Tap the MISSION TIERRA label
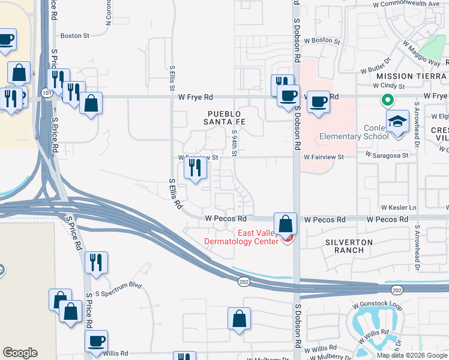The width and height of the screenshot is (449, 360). point(412,76)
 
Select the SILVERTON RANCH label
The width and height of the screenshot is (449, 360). point(349,246)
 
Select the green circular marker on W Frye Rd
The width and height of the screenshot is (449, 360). point(388,101)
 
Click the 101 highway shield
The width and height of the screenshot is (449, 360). point(47,93)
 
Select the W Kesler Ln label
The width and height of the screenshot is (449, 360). point(398,208)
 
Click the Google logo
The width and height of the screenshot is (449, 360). point(20,353)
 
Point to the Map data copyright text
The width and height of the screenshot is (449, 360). point(412,355)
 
